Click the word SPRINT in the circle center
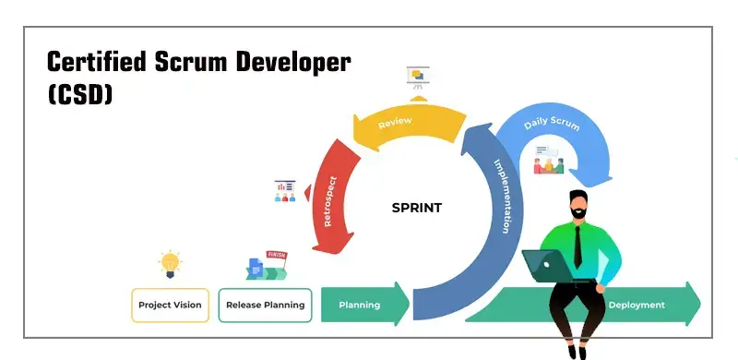click(416, 208)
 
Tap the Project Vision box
click(170, 305)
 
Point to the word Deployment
click(637, 305)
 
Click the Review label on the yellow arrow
click(395, 121)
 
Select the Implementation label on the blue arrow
click(501, 197)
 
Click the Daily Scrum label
click(552, 123)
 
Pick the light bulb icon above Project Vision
click(169, 263)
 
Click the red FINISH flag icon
click(275, 256)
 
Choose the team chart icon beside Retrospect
click(285, 191)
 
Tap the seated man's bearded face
click(577, 206)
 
